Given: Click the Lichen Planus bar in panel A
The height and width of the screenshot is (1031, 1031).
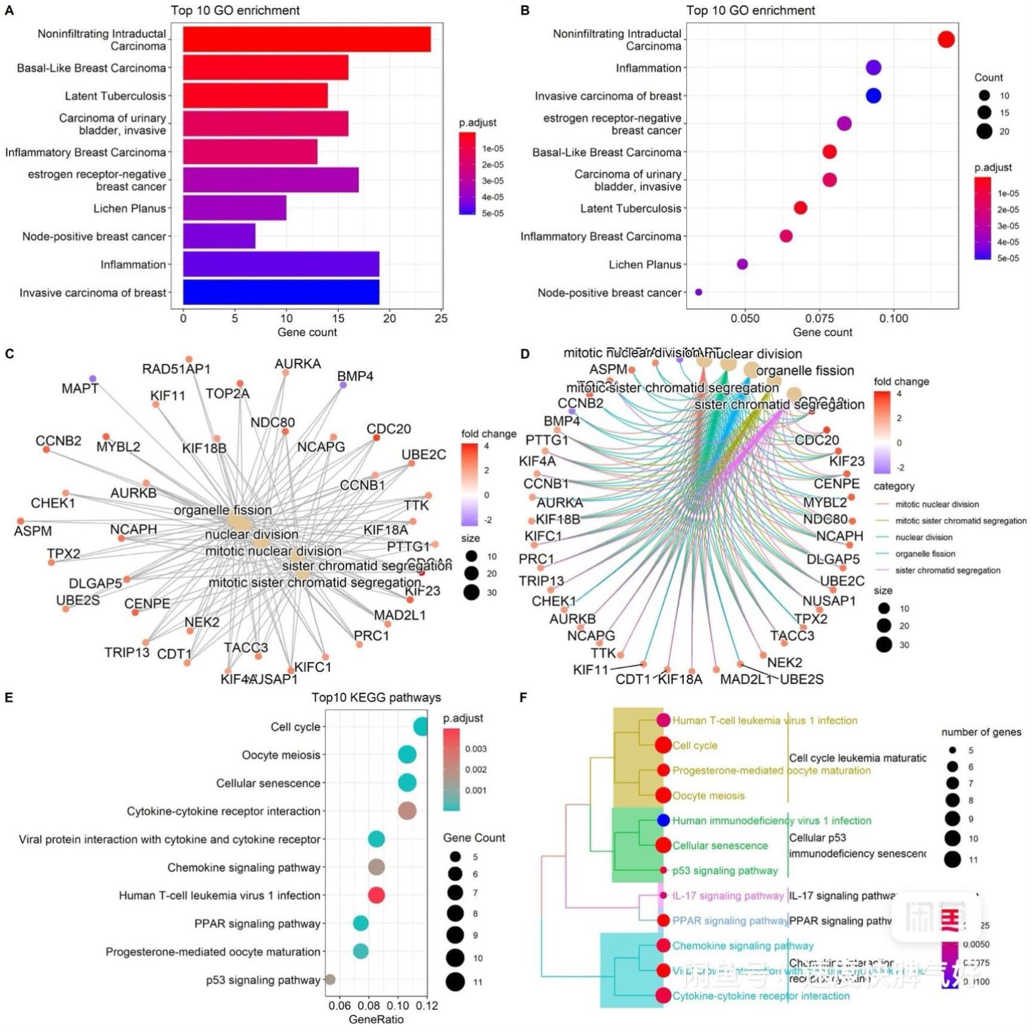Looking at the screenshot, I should [234, 208].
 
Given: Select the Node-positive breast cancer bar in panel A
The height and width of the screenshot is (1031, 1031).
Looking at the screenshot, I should [219, 236].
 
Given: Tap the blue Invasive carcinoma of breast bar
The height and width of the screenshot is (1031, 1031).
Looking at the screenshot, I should [281, 292].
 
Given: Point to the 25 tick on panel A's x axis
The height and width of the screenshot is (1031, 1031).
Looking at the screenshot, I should [441, 318].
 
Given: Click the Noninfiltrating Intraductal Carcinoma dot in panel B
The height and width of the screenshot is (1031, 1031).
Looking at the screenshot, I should [946, 39].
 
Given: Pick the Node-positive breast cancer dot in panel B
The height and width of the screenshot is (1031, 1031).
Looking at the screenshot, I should [699, 292].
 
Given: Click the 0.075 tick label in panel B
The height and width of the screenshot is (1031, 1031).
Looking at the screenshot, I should [820, 318].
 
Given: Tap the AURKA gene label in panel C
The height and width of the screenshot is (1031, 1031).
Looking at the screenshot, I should [297, 363].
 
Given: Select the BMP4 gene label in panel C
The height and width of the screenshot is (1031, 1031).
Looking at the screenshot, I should [355, 376].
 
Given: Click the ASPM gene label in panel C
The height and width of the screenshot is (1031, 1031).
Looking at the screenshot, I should [33, 531].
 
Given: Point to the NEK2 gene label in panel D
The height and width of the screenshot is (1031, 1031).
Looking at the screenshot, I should [784, 662].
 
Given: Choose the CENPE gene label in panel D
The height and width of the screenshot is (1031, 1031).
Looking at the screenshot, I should [836, 483].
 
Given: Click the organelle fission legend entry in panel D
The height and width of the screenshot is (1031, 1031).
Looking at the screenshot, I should [924, 553].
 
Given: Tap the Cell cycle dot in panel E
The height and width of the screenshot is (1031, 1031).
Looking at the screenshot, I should [421, 727].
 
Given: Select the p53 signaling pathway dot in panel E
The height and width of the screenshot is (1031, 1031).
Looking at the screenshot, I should [329, 979].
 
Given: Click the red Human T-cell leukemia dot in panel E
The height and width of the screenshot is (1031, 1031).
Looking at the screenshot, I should [376, 895].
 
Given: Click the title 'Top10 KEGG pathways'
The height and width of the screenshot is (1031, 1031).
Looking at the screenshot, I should [376, 697].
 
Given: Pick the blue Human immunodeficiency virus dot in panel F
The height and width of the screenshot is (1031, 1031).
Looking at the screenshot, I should [664, 820].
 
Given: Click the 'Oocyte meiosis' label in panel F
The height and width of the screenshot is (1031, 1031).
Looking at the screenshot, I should [708, 795].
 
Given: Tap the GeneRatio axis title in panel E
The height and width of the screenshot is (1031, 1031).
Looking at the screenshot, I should [376, 1019].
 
